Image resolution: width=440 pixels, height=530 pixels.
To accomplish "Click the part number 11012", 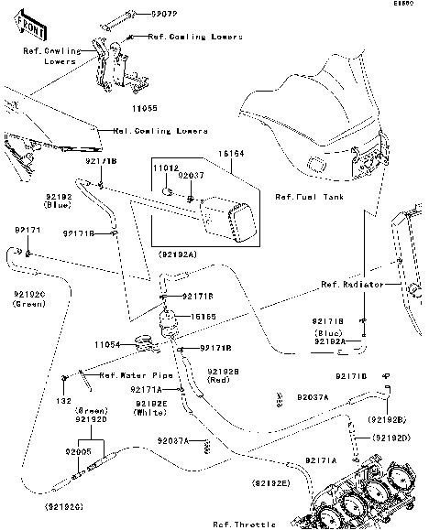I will (x=166, y=169).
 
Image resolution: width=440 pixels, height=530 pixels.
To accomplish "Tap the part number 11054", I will (x=106, y=344).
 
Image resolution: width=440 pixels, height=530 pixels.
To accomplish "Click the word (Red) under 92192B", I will (x=221, y=381).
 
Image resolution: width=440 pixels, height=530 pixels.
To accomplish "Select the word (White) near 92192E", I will (x=153, y=413).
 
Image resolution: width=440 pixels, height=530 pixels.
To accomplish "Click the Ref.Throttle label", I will (x=244, y=524).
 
